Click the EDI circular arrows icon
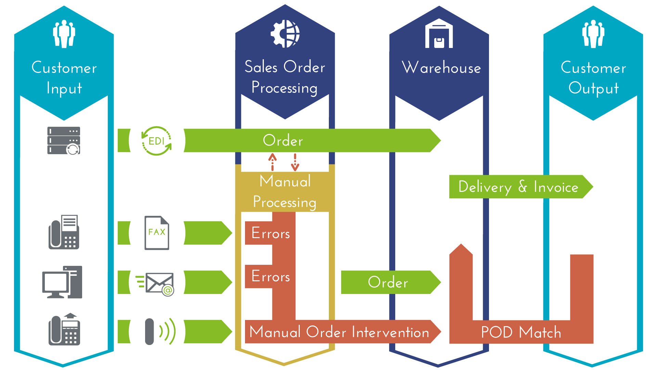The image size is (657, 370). pos(156,141)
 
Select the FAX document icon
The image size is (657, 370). pos(157,233)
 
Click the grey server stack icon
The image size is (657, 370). pos(64,140)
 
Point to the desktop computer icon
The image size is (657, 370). pos(62,282)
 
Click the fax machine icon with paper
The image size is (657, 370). pos(64,232)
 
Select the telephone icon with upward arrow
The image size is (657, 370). pos(64,330)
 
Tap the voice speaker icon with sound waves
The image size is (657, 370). pos(159,331)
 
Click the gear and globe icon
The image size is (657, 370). pos(285,34)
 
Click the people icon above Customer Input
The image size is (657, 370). pos(64,34)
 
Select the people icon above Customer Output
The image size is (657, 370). pos(593,34)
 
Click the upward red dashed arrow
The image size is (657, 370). pos(272,162)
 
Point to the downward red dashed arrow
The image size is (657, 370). pos(295,162)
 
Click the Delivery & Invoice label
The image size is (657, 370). pos(518,187)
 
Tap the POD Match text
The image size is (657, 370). pos(521,332)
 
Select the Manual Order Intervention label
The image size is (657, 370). pos(339,332)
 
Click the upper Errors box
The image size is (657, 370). pos(270,233)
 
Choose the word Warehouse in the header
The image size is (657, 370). pos(441,67)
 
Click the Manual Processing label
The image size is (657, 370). pos(285,192)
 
